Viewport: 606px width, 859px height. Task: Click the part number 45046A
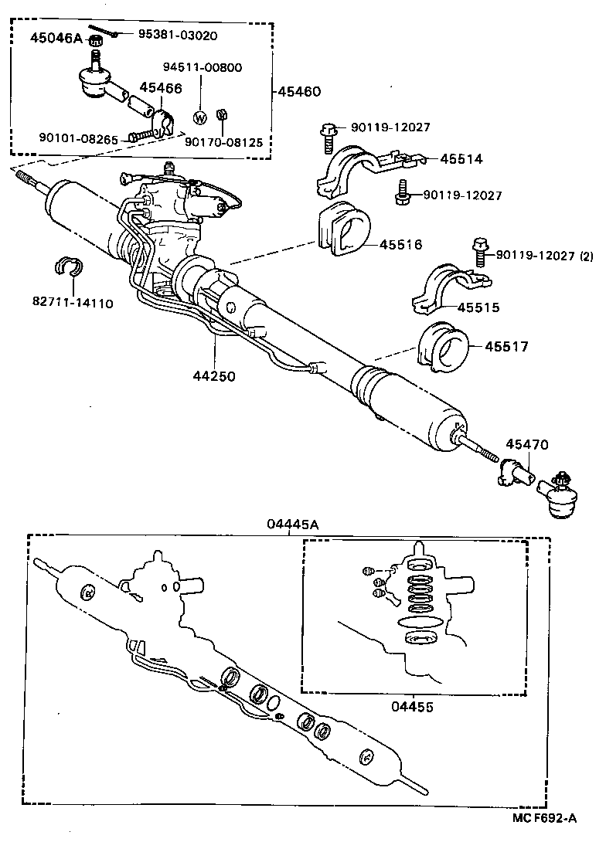click(56, 37)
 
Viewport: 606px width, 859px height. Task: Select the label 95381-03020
click(178, 35)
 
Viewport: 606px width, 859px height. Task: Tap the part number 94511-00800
click(203, 67)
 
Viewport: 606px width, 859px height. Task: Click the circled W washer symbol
click(199, 118)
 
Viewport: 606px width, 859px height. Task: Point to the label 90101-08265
click(78, 139)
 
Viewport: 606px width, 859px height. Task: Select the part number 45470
click(526, 444)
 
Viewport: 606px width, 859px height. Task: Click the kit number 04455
click(411, 706)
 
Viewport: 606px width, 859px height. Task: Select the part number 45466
click(161, 88)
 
